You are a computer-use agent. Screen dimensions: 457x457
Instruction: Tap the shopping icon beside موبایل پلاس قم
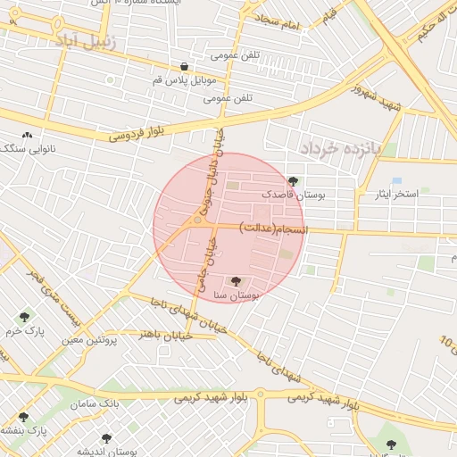[184, 66]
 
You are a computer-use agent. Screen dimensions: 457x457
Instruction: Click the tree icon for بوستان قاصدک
[294, 181]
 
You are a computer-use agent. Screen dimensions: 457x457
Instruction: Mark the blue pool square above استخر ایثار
[396, 181]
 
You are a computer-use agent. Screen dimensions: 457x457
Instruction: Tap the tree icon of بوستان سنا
[236, 281]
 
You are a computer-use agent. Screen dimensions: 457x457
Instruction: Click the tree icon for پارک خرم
[24, 317]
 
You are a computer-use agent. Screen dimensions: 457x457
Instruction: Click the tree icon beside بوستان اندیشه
[107, 439]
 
